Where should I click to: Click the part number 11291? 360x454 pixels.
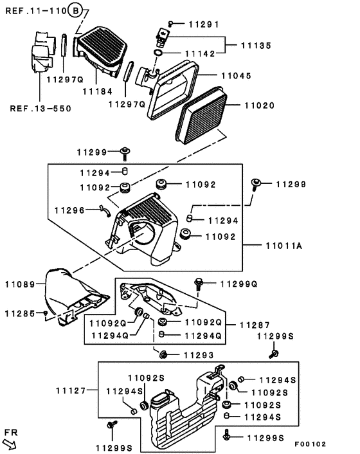[x=204, y=24]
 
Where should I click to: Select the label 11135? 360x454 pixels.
[x=256, y=46]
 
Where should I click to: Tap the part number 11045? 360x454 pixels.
[x=237, y=76]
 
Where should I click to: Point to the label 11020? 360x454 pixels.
[x=260, y=105]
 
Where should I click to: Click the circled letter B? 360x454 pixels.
[x=75, y=11]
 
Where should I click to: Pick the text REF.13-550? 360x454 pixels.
[x=40, y=109]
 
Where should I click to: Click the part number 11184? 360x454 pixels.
[x=98, y=91]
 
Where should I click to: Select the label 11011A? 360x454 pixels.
[x=284, y=246]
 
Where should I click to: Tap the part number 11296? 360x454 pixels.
[x=69, y=210]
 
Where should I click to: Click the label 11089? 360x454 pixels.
[x=20, y=284]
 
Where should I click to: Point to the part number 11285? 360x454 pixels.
[x=20, y=314]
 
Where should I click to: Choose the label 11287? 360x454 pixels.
[x=255, y=325]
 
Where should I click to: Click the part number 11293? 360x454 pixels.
[x=199, y=355]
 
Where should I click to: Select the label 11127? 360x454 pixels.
[x=71, y=390]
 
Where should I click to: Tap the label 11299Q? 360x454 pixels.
[x=239, y=284]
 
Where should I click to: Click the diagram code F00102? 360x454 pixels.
[x=310, y=444]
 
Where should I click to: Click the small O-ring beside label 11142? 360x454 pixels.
[x=158, y=53]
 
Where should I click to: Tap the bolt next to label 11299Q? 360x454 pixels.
[x=199, y=284]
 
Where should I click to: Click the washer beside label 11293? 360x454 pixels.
[x=163, y=354]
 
